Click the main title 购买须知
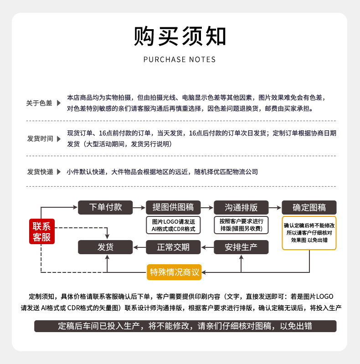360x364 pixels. pos(180,36)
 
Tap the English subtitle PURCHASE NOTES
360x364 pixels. pos(180,60)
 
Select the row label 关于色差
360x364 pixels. pos(39,103)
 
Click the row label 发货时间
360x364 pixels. pos(40,138)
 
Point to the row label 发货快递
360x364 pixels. pos(40,172)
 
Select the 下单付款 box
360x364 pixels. pos(105,207)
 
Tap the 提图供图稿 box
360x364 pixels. pos(173,207)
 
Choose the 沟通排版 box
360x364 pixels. pos(241,207)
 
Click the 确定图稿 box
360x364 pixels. pos(309,207)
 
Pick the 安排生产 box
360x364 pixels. pos(241,247)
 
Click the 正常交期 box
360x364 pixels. pos(173,247)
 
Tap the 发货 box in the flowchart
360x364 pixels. pos(105,247)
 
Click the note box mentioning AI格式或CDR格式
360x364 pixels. pos(173,225)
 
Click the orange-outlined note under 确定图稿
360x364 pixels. pos(309,233)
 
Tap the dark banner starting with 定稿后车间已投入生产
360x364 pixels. pos(185,326)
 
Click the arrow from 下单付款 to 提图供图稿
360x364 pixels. pos(139,207)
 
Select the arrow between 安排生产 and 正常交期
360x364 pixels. pos(207,247)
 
